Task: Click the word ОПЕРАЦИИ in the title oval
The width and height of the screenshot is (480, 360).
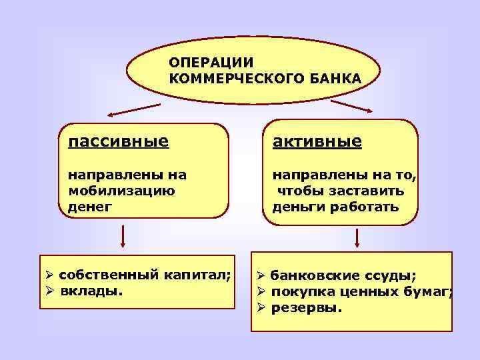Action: point(211,63)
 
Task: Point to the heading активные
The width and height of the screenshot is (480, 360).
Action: point(317,141)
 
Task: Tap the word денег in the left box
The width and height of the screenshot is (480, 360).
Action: point(91,206)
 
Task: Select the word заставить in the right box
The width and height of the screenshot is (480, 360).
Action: point(371,191)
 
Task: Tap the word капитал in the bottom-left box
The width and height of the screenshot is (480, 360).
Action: point(197,275)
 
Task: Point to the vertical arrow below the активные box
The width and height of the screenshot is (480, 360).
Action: point(357,238)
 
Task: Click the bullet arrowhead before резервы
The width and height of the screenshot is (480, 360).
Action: point(262,308)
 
